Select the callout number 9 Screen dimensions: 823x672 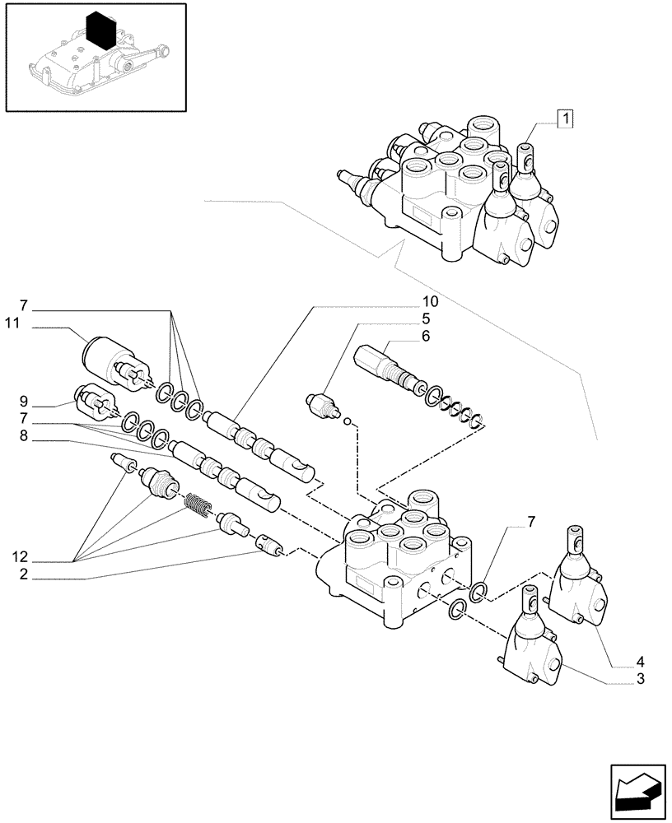[25, 403]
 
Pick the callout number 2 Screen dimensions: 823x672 [25, 578]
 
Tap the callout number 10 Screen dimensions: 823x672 [431, 300]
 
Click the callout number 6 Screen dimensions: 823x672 [426, 336]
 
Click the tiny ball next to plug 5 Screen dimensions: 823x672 [348, 423]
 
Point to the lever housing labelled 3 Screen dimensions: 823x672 [530, 647]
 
